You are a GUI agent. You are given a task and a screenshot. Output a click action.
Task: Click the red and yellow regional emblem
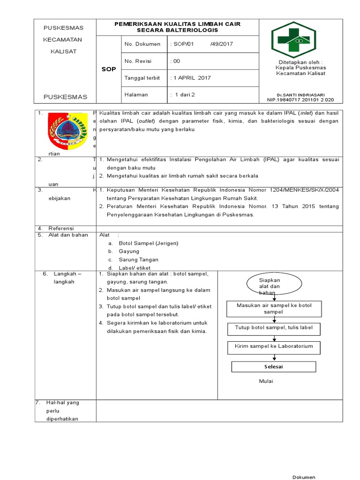tap(68, 131)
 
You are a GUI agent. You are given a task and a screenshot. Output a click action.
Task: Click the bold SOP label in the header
tap(108, 69)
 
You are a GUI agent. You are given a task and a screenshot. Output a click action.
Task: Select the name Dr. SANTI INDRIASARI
tap(300, 95)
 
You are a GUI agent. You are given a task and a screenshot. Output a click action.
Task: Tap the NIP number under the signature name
tap(300, 100)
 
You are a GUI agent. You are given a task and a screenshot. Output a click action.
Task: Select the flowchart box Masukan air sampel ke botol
tap(274, 308)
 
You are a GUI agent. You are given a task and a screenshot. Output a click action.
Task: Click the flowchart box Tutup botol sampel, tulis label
tap(274, 328)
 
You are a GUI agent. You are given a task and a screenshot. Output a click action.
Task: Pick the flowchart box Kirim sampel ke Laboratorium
tap(274, 347)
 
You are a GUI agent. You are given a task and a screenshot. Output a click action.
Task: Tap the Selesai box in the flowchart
tap(274, 366)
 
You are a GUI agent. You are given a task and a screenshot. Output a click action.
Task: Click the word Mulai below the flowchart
tap(266, 381)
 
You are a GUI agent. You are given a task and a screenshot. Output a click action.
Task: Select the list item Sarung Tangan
tap(138, 260)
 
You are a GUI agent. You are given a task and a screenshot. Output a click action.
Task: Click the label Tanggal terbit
tap(142, 78)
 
